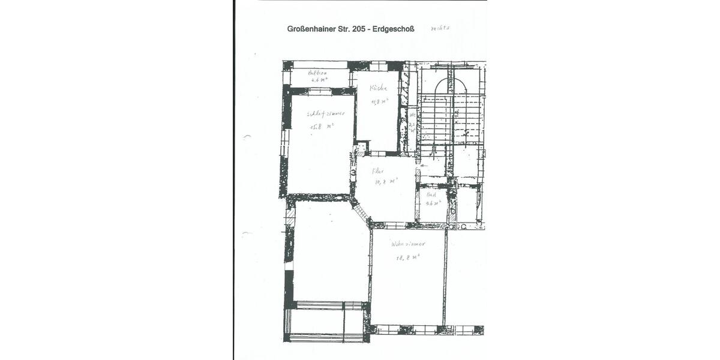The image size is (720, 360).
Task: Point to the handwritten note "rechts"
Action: (x=440, y=28)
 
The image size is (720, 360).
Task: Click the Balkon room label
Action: (x=317, y=73)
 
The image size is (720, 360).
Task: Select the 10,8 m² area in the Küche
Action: (x=379, y=101)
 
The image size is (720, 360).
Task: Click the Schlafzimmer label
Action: (x=325, y=113)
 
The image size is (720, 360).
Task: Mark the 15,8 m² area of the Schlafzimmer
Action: (x=322, y=127)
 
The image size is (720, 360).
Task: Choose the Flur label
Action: (x=378, y=170)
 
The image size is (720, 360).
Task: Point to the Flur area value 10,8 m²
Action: (x=386, y=181)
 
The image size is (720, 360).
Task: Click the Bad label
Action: (x=431, y=195)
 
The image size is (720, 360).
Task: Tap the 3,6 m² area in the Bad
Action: (x=433, y=203)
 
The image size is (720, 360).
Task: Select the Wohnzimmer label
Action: (x=407, y=244)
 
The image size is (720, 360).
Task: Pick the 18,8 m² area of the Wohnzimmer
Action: (x=407, y=257)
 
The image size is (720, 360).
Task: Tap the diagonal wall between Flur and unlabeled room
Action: (x=361, y=212)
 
